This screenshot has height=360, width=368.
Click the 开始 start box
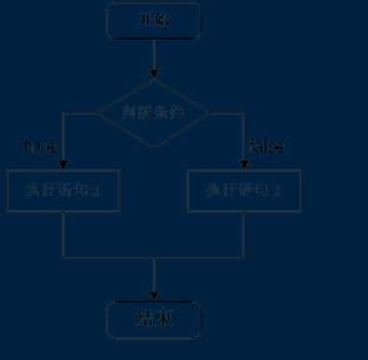(154, 20)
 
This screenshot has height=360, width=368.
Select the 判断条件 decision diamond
(154, 113)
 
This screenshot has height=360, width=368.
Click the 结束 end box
(154, 319)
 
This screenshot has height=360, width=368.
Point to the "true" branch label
(41, 147)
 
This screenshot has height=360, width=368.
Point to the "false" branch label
(266, 147)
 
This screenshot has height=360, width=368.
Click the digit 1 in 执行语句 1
(97, 190)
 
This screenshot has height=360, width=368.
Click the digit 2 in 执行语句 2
(277, 190)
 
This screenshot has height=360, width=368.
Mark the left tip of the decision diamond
(98, 113)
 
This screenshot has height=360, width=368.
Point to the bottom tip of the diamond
(154, 147)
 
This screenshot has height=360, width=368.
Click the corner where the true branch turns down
(63, 113)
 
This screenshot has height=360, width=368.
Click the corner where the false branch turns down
(244, 113)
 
